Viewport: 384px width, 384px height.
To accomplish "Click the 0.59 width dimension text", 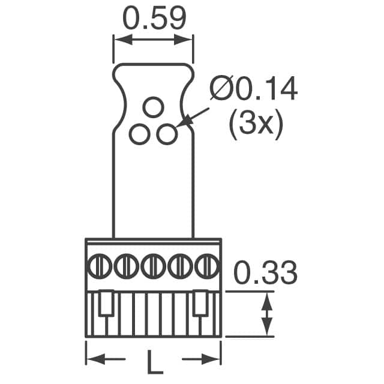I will coord(154,19).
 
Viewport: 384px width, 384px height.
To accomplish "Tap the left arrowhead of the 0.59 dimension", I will coord(118,40).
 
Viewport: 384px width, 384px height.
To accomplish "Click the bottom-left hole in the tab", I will coord(139,134).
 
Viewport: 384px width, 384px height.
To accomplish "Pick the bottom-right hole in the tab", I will coord(166,134).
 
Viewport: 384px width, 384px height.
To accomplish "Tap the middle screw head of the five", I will coord(154,265).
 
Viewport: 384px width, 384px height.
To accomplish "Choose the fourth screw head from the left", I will coord(180,265).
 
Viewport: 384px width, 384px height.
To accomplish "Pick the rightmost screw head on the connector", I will coord(206,265).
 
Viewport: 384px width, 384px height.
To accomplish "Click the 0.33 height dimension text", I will coord(265,274).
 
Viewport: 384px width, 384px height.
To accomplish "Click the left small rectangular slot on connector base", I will coord(106,304).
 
